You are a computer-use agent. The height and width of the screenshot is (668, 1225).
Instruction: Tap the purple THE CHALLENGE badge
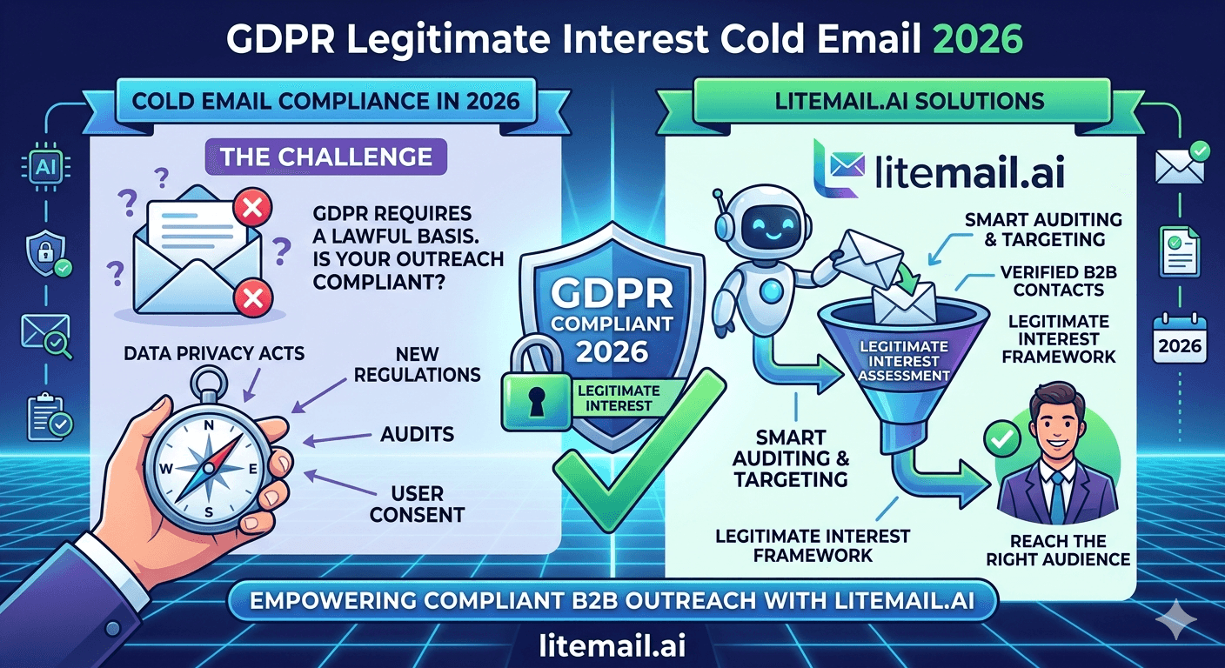tap(326, 157)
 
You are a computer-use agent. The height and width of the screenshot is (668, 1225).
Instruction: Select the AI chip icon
tap(46, 166)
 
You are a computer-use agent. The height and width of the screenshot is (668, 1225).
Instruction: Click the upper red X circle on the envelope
tap(252, 208)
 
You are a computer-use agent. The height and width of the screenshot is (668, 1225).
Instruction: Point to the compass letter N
tap(209, 426)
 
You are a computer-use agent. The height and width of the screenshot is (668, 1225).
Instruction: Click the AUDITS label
tap(418, 434)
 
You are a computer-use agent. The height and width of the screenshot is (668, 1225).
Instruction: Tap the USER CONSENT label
tap(418, 504)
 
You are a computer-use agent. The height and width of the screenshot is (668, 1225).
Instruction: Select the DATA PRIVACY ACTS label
tap(214, 354)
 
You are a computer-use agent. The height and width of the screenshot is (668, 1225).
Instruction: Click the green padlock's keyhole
tap(537, 401)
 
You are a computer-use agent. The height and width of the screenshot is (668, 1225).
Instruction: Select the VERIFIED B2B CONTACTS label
tap(1059, 281)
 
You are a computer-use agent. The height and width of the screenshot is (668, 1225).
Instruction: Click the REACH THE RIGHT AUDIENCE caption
tap(1058, 550)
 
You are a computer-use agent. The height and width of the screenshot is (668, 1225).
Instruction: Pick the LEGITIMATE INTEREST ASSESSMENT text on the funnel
tap(903, 361)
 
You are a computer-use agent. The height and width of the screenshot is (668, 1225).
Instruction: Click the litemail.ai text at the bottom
tap(612, 645)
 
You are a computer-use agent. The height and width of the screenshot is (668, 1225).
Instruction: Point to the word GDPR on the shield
tap(612, 295)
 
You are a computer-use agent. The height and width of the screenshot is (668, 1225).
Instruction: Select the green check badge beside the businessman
tap(1002, 440)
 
